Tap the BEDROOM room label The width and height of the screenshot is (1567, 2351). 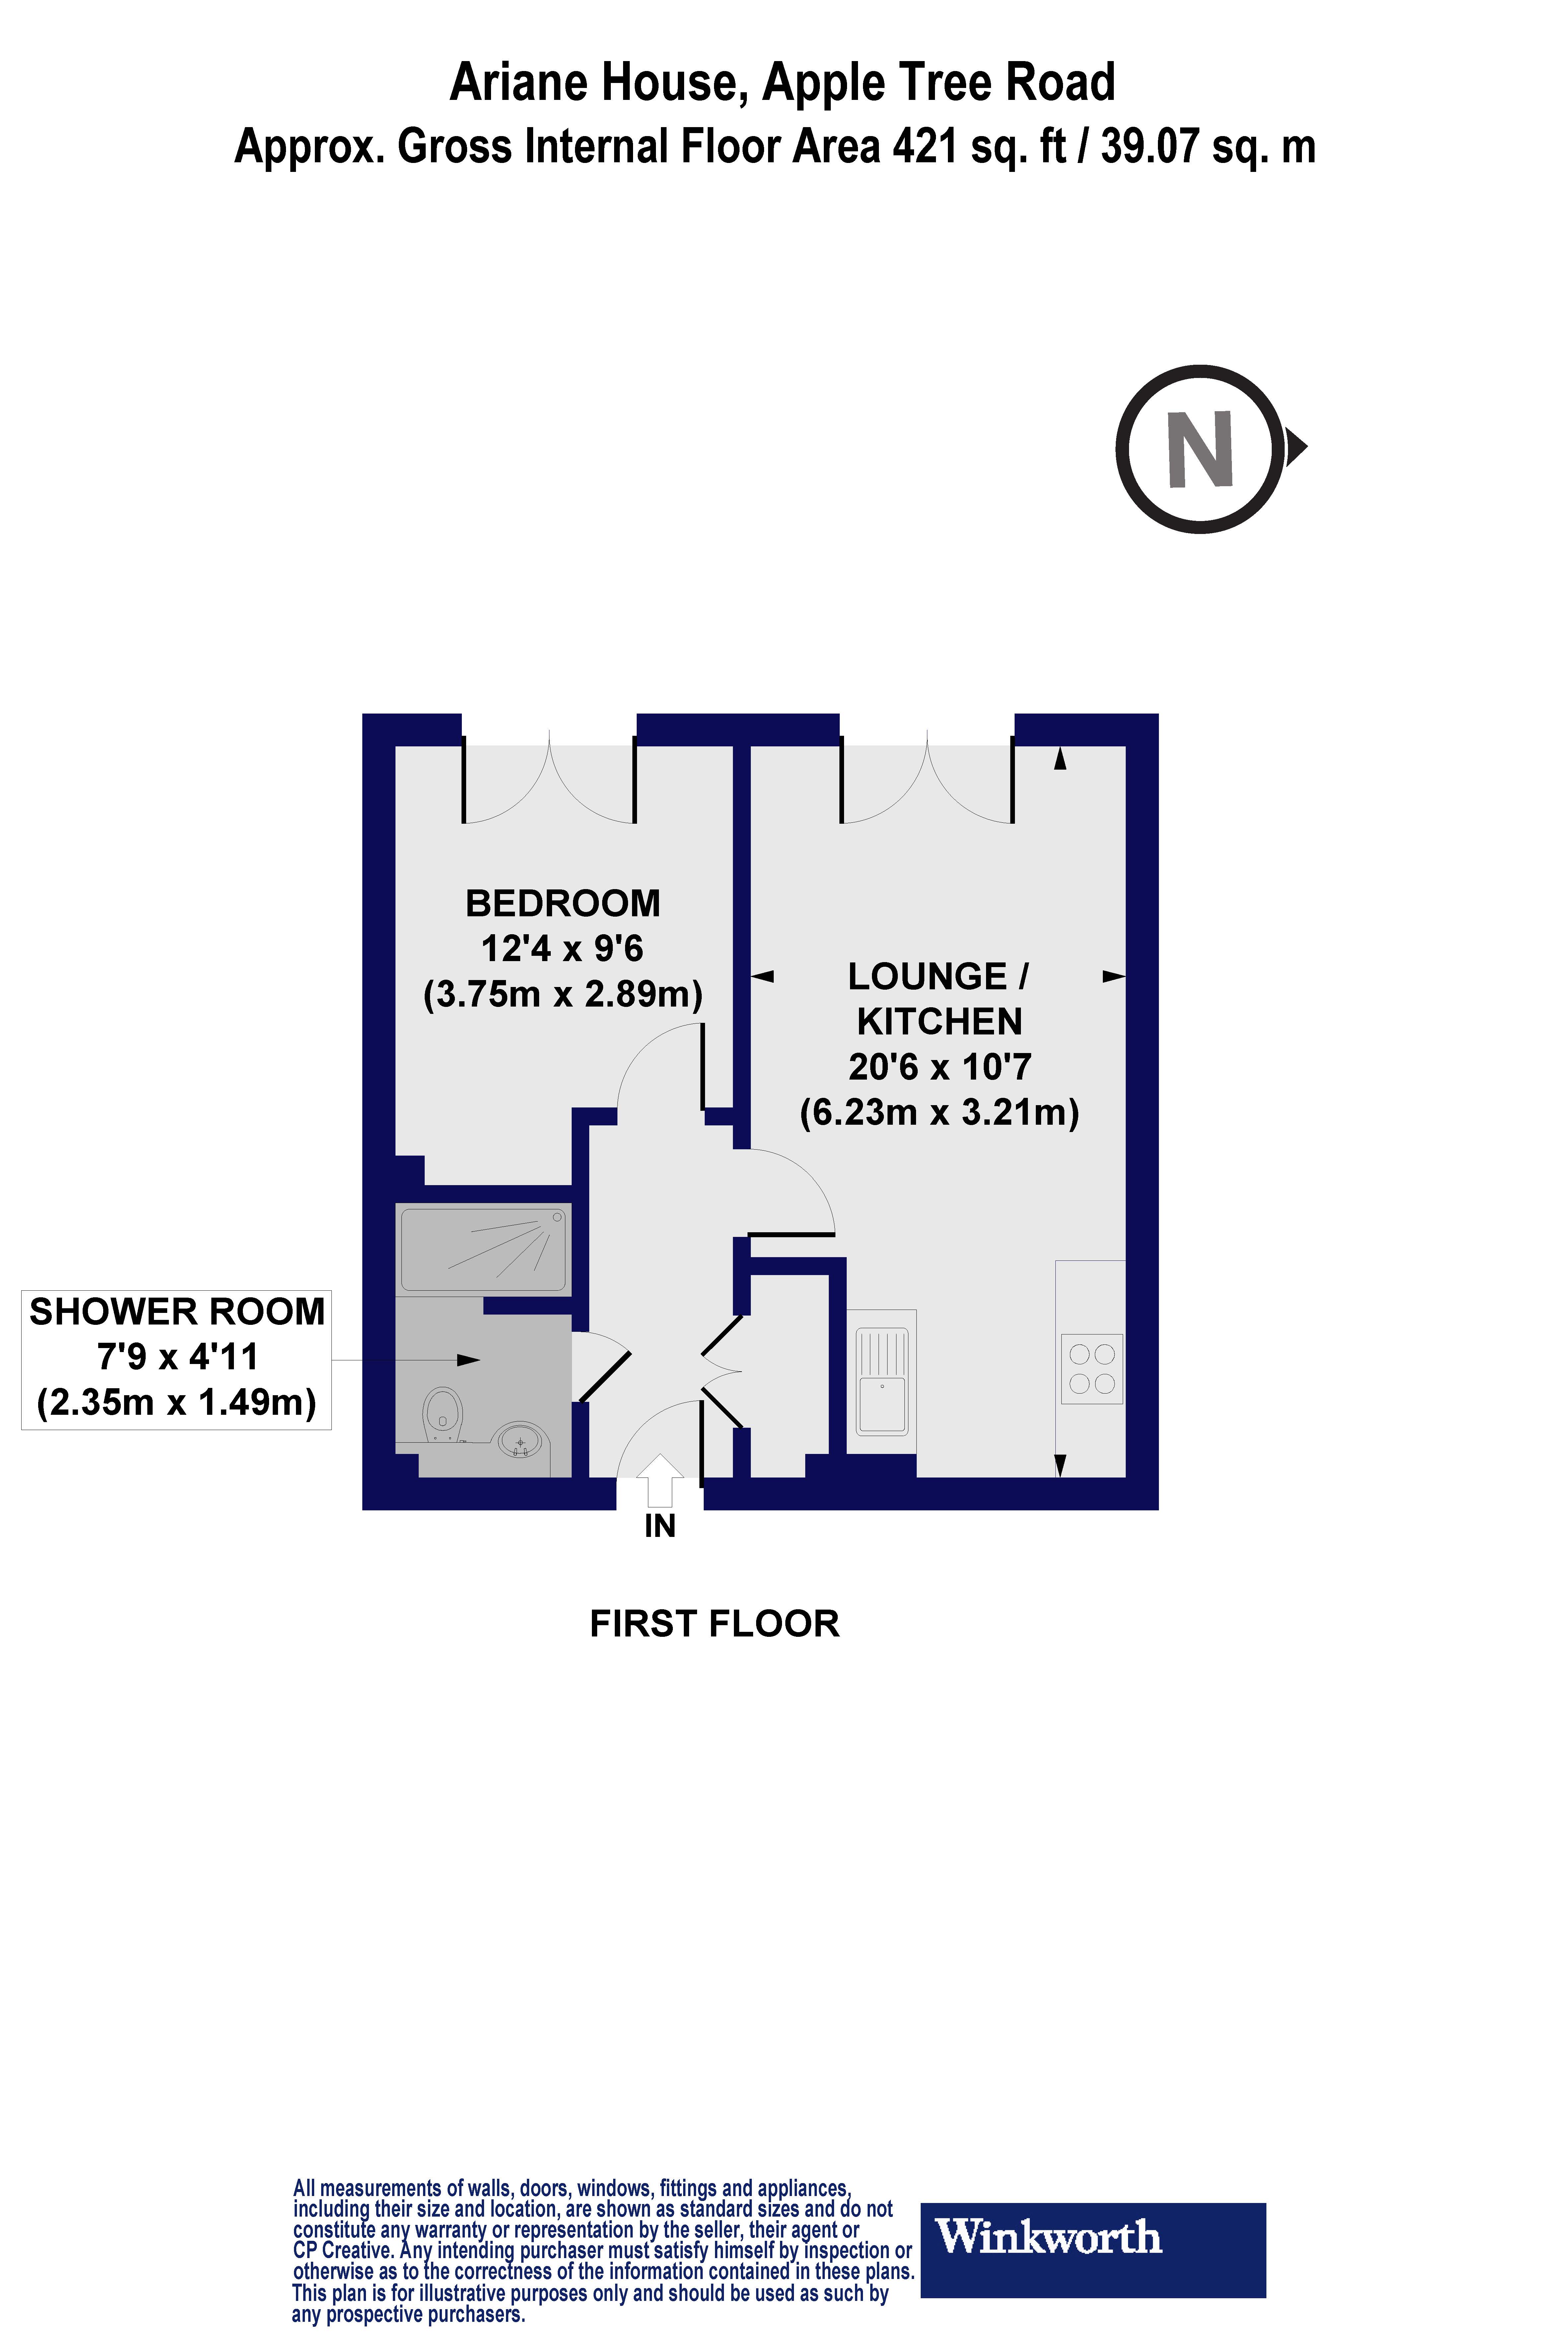(x=563, y=904)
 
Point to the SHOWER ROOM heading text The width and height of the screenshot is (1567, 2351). (x=177, y=1312)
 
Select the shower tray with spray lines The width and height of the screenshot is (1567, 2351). (x=484, y=1250)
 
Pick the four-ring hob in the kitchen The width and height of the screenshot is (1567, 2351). (x=1091, y=1368)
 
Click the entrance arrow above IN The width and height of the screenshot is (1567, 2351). (x=660, y=1479)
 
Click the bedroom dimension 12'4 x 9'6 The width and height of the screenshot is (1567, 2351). (x=563, y=948)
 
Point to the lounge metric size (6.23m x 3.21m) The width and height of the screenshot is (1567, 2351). (x=939, y=1112)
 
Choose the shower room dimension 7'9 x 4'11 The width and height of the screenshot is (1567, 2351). (x=177, y=1357)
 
